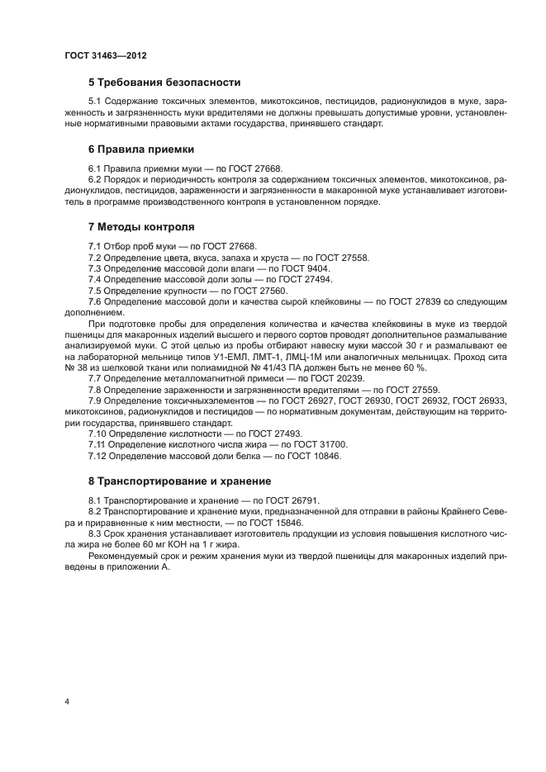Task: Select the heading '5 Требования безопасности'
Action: pos(164,83)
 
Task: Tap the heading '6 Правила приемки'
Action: pos(140,149)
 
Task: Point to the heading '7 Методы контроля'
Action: pos(141,226)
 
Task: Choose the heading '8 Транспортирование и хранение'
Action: pos(179,481)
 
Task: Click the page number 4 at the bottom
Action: pos(66,702)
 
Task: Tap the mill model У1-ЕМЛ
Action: pos(249,357)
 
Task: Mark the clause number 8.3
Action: pos(96,533)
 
